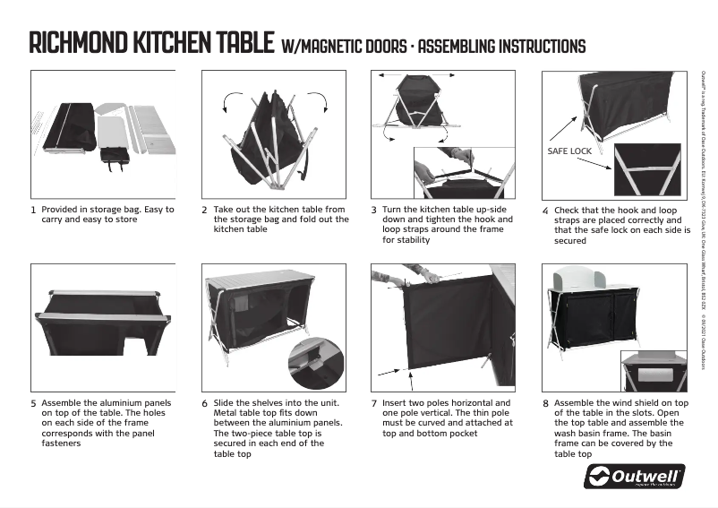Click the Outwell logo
[634, 476]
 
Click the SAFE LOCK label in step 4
[568, 151]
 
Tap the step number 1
[34, 211]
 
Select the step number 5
[34, 403]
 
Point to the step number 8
[545, 403]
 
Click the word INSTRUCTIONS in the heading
[542, 46]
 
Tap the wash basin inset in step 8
[653, 370]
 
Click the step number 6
[204, 403]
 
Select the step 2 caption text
[280, 220]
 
